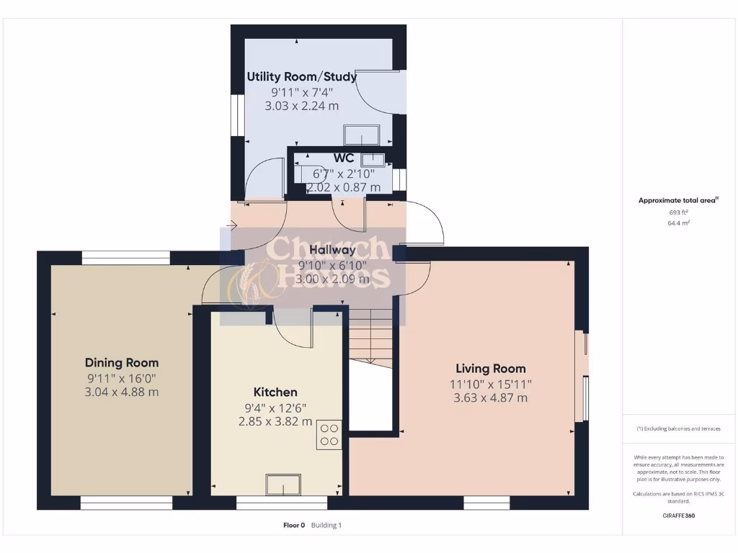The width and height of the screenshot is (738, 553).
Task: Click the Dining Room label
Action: tap(121, 362)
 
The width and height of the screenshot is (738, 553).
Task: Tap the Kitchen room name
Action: tap(275, 392)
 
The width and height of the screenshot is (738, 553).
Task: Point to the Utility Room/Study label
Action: tap(302, 76)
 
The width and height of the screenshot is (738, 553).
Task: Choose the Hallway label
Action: tap(332, 250)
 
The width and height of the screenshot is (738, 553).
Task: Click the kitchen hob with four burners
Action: tap(329, 434)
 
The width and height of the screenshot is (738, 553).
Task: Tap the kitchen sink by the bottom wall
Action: tap(284, 485)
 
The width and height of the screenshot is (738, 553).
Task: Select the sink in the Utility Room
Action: tap(362, 135)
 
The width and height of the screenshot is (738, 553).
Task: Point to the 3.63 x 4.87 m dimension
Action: tap(491, 397)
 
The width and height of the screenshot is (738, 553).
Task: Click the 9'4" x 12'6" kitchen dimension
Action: tap(275, 408)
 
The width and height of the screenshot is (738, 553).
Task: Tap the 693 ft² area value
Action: tap(677, 212)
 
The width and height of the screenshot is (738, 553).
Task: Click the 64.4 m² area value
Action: tap(677, 223)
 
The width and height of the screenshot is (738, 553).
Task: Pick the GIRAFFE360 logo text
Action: tap(677, 516)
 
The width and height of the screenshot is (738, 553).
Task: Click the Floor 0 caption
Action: tap(294, 526)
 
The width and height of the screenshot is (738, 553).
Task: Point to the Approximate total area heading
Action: tap(677, 201)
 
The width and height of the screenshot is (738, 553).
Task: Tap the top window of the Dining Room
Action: tap(125, 254)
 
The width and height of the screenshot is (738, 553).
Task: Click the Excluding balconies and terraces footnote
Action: tap(677, 428)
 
